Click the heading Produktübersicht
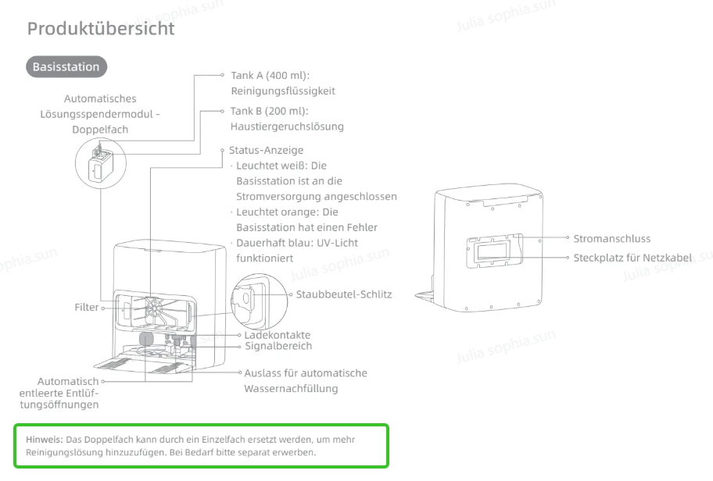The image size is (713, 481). pyautogui.click(x=101, y=29)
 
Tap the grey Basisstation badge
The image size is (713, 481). pyautogui.click(x=66, y=67)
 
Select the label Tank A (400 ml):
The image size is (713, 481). pyautogui.click(x=270, y=76)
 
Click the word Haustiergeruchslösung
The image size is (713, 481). pyautogui.click(x=287, y=126)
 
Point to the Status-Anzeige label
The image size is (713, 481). pyautogui.click(x=266, y=150)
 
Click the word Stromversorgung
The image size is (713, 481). pyautogui.click(x=278, y=197)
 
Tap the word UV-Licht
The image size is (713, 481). pyautogui.click(x=337, y=243)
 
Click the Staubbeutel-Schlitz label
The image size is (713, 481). pyautogui.click(x=344, y=294)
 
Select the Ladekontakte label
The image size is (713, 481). pyautogui.click(x=278, y=335)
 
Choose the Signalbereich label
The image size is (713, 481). pyautogui.click(x=278, y=346)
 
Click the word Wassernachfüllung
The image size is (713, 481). pyautogui.click(x=291, y=389)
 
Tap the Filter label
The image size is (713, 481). pyautogui.click(x=87, y=308)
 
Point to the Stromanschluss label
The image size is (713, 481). pyautogui.click(x=611, y=239)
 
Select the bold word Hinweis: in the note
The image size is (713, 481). pyautogui.click(x=44, y=440)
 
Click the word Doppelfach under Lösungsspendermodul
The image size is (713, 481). pyautogui.click(x=100, y=130)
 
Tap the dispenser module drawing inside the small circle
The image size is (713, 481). pyautogui.click(x=101, y=164)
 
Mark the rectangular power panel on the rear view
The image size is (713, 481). pyautogui.click(x=495, y=250)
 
